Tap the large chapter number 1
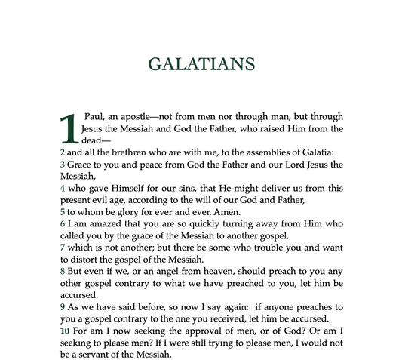point(68,129)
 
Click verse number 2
point(62,152)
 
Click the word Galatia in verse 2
point(323,152)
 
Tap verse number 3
point(62,165)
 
